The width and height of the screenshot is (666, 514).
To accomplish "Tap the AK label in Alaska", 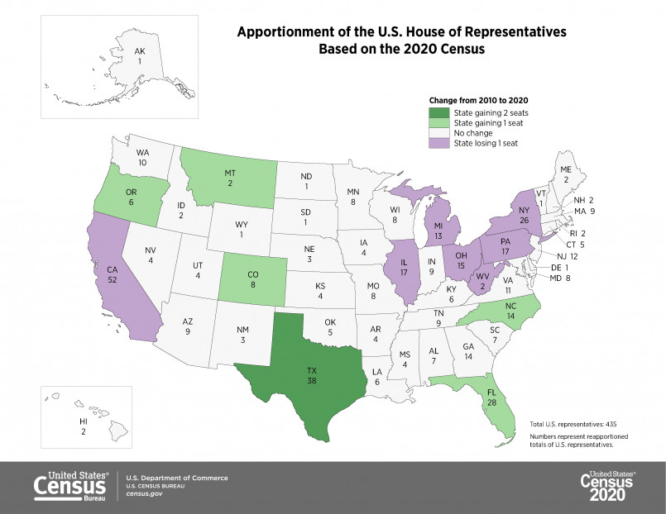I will tap(140, 52).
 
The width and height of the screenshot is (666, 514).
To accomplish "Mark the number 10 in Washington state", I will tap(143, 164).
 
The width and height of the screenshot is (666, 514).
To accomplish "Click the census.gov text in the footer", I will tap(143, 493).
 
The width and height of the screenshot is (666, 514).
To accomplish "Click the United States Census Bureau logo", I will tap(70, 486).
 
